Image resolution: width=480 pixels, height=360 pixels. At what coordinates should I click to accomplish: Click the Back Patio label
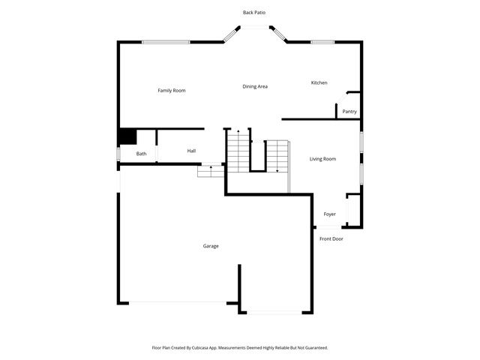[x=253, y=12]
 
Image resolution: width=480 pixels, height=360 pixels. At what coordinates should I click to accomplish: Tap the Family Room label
[x=171, y=91]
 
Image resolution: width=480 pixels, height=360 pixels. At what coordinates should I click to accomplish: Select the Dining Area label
[x=255, y=86]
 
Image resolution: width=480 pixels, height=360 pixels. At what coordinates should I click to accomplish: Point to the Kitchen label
[x=319, y=82]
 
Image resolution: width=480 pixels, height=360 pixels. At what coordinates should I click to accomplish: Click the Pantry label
[x=349, y=112]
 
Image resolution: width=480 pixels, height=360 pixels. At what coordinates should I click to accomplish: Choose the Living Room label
[x=322, y=159]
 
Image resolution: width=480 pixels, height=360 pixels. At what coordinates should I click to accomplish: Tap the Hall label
[x=192, y=151]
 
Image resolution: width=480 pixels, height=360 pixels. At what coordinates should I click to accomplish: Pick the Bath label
[x=141, y=154]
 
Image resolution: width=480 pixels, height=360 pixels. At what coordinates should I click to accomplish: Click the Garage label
[x=211, y=246]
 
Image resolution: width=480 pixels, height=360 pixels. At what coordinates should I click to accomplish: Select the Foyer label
[x=330, y=214]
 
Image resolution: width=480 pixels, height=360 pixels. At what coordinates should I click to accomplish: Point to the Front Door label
[x=331, y=238]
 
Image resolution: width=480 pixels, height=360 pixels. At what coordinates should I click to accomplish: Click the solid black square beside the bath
[x=127, y=136]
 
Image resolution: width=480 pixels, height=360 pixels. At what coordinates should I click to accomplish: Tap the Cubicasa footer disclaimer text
[x=240, y=348]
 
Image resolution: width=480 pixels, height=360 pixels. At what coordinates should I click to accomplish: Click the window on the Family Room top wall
[x=166, y=42]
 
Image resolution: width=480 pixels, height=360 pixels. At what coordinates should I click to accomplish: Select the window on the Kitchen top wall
[x=322, y=42]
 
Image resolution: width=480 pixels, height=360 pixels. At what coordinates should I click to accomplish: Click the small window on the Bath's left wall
[x=118, y=154]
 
